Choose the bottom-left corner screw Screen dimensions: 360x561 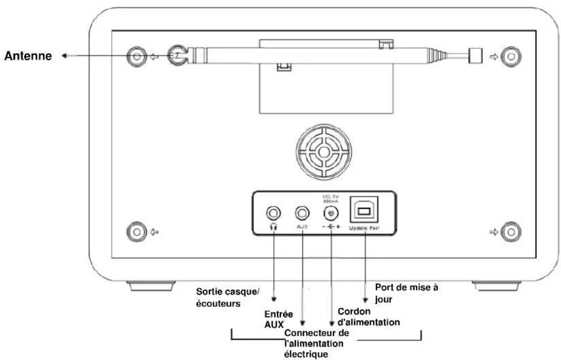click(x=136, y=231)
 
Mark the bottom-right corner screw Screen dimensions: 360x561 click(x=508, y=231)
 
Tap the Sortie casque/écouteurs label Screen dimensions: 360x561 click(x=228, y=297)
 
